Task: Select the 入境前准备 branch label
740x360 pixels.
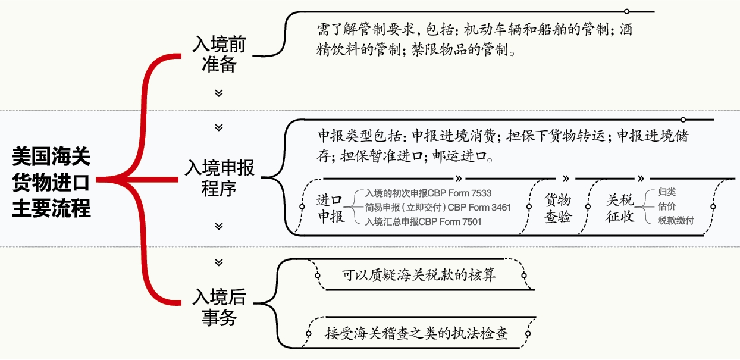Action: [x=219, y=54]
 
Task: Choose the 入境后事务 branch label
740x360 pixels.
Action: [x=219, y=307]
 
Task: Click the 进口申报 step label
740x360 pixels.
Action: [x=330, y=208]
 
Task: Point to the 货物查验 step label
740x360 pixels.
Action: [x=558, y=208]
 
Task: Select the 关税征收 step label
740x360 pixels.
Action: [x=619, y=208]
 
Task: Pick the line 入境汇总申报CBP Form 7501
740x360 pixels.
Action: [x=423, y=221]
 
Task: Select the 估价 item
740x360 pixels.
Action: [x=666, y=206]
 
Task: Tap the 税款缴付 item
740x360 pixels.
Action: [x=676, y=221]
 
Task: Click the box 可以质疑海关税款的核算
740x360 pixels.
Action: [x=419, y=276]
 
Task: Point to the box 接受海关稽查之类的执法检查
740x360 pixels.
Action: [x=416, y=333]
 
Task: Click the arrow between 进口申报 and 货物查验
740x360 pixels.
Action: [x=459, y=178]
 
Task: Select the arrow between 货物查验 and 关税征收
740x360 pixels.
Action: [x=566, y=178]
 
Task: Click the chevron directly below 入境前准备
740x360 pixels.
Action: [x=219, y=93]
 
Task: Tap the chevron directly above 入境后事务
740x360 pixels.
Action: [x=219, y=262]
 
